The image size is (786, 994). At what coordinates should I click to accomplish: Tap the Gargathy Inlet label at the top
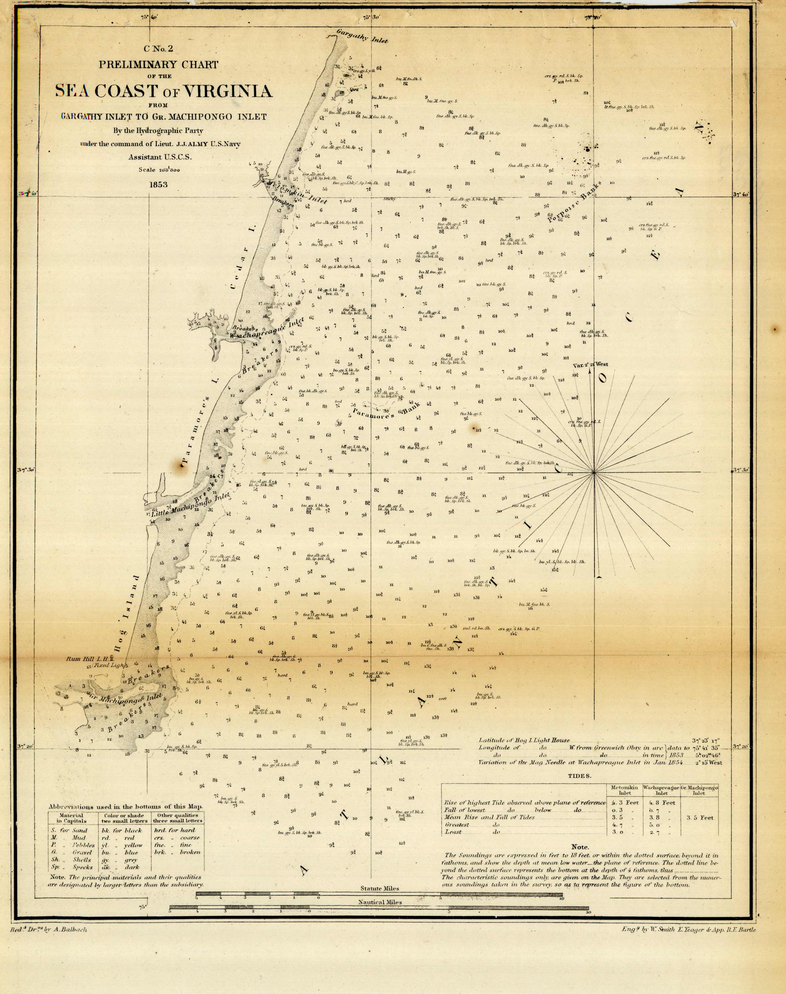point(362,36)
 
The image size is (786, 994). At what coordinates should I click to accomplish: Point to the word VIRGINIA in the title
point(228,91)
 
